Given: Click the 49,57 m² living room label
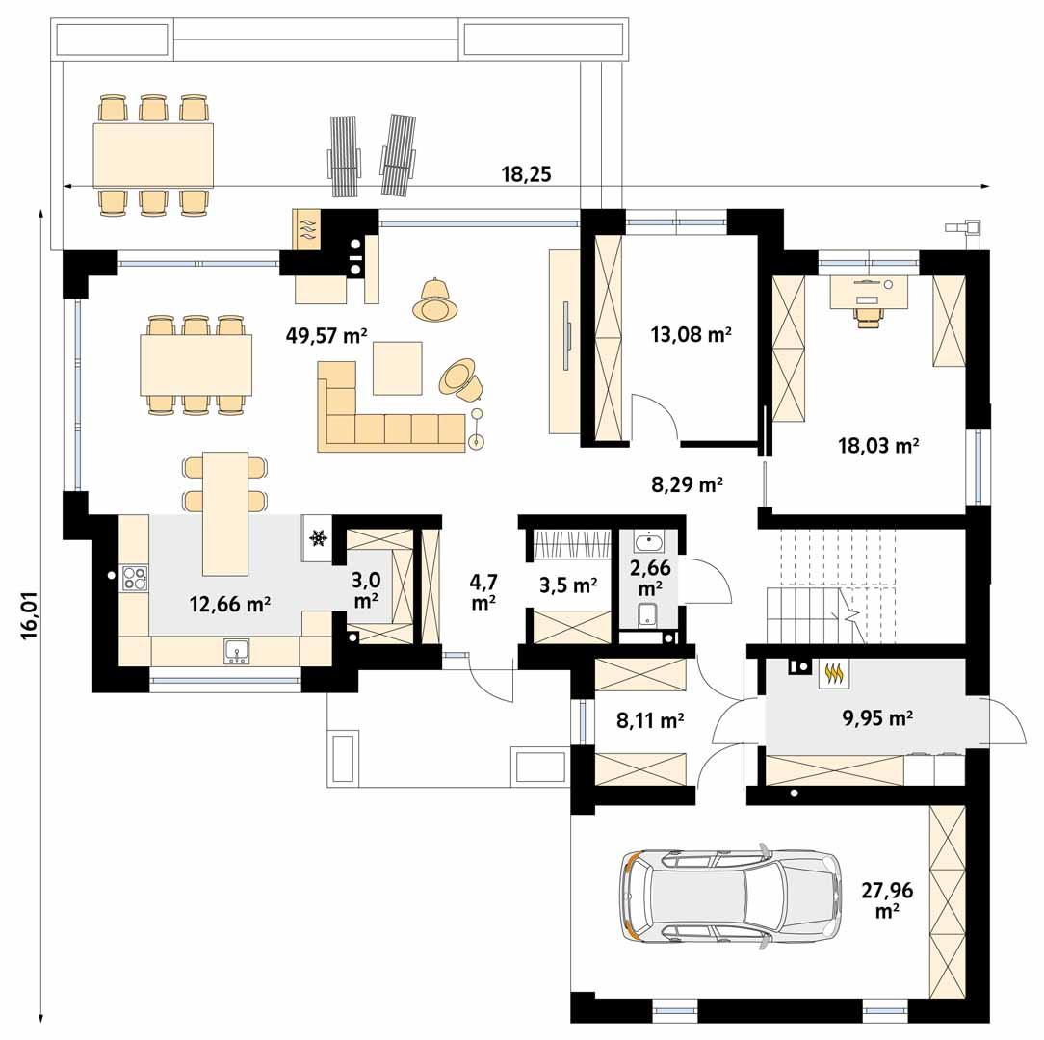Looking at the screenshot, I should point(326,335).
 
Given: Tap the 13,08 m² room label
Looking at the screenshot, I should point(691,335).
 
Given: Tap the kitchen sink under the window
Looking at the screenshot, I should point(236,652).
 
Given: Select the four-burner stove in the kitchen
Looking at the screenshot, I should point(134,579).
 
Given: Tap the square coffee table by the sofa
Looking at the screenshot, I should point(397,368).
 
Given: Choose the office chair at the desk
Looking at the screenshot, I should point(868,316).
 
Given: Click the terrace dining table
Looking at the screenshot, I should point(153,155).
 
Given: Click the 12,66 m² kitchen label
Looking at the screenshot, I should point(229,605).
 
